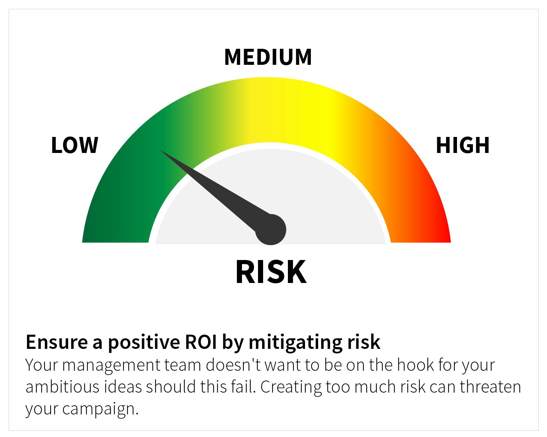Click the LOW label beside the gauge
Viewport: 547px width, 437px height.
[x=74, y=145]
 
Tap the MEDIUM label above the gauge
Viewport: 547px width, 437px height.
[x=268, y=57]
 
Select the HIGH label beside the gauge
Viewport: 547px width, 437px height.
[x=462, y=145]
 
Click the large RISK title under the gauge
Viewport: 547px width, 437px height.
[x=271, y=272]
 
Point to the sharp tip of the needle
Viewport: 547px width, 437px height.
[x=160, y=150]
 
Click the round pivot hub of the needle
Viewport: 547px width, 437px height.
[x=271, y=230]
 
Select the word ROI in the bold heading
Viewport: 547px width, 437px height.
[x=201, y=342]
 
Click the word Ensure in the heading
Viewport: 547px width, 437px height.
[x=57, y=342]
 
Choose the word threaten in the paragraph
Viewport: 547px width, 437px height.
[x=490, y=387]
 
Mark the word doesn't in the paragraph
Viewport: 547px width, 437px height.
[x=233, y=365]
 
